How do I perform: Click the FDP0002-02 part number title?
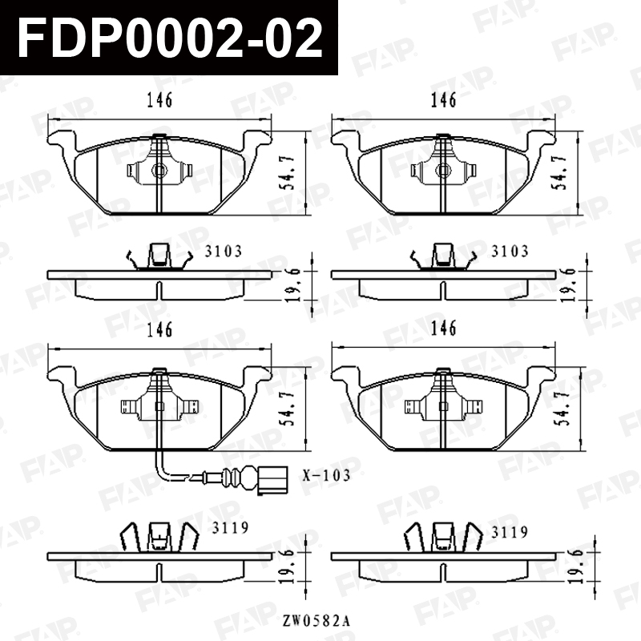tap(170, 38)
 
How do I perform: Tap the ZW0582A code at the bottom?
tap(316, 621)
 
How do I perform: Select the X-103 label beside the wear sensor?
tap(327, 475)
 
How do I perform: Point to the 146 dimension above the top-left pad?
tap(159, 100)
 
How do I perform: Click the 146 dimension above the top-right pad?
tap(444, 100)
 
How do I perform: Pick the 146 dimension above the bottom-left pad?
tap(159, 329)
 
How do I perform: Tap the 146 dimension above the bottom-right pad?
tap(444, 329)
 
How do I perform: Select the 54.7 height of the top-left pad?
tap(289, 172)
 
